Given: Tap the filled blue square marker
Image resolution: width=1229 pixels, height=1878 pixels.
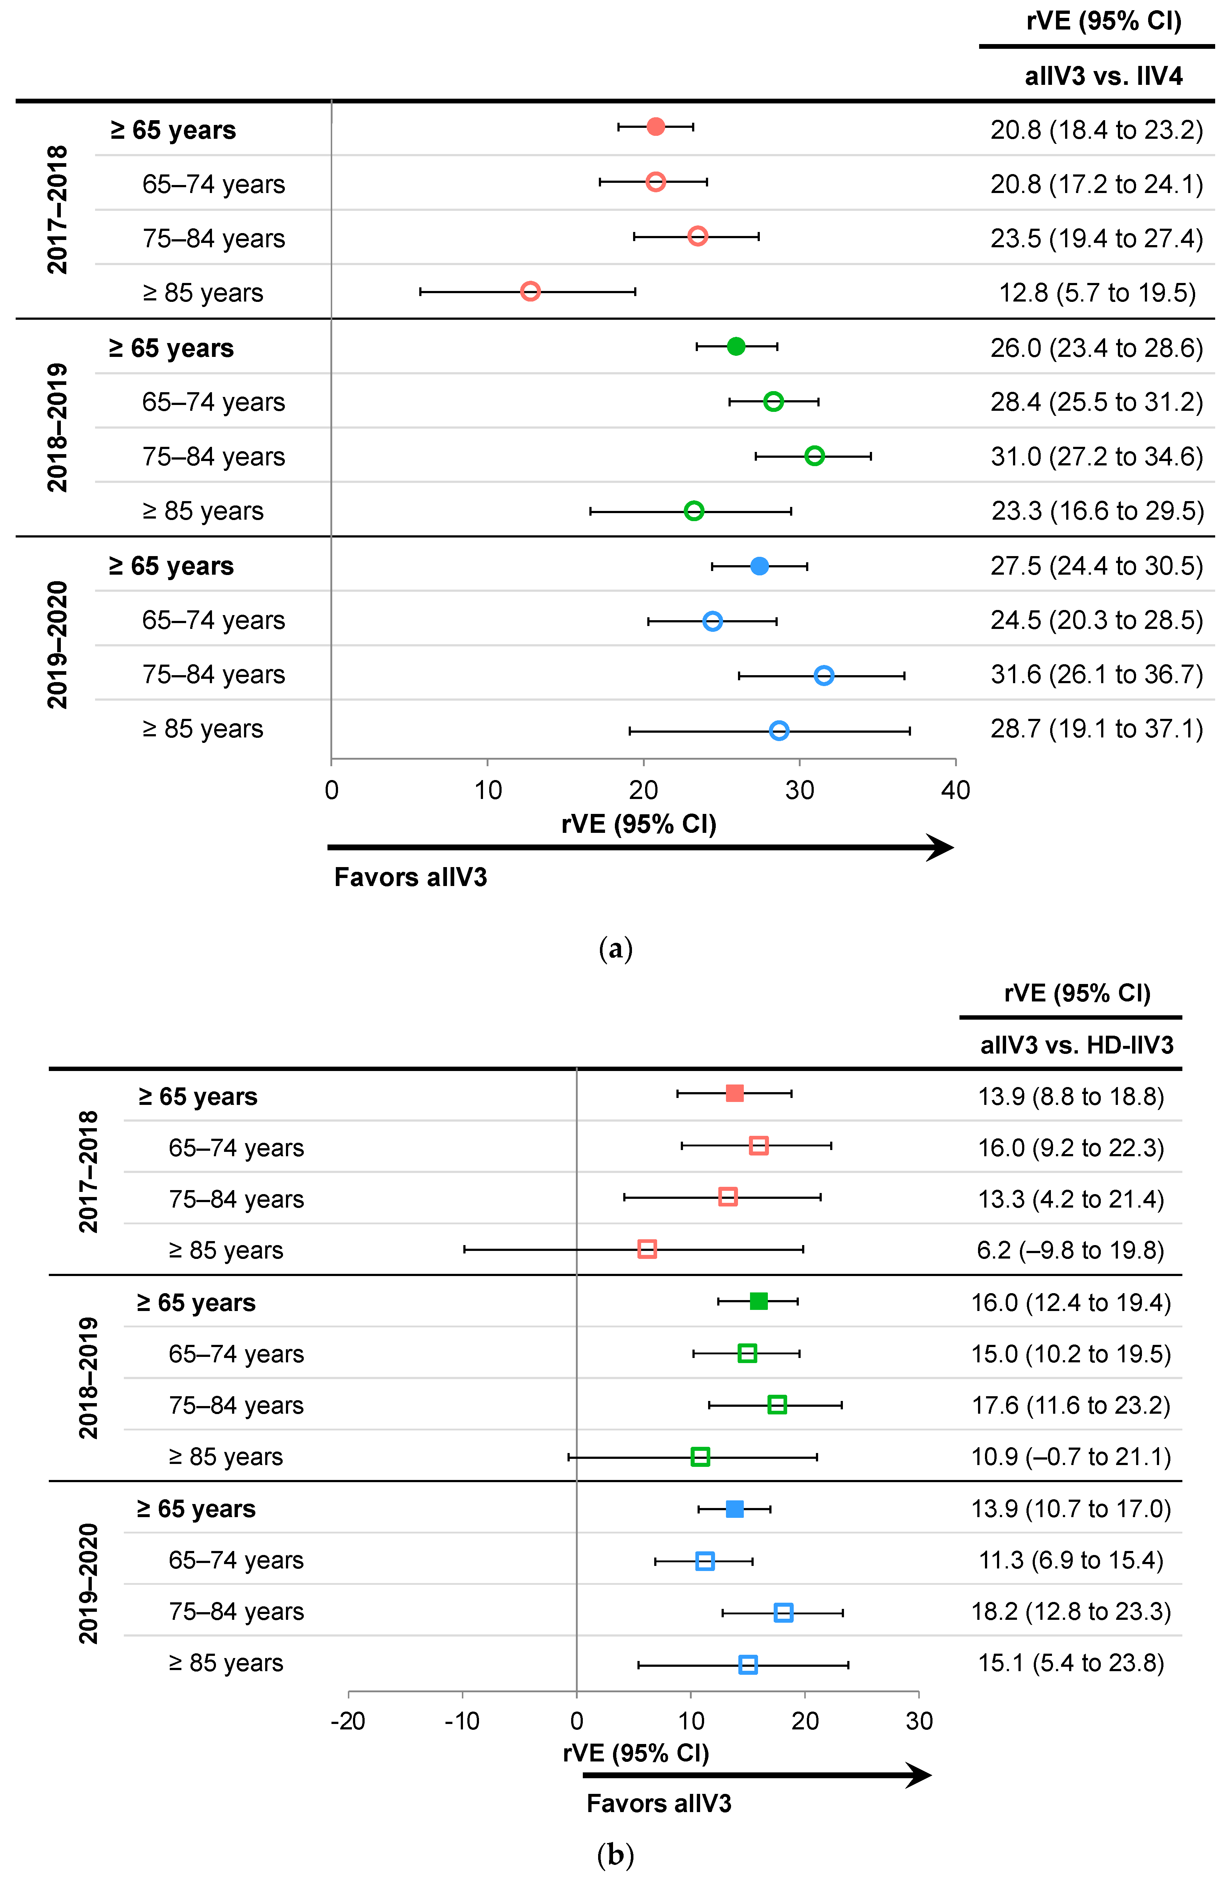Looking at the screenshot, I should coord(734,1509).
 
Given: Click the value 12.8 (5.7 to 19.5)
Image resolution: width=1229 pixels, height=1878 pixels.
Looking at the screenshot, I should coord(1097,293).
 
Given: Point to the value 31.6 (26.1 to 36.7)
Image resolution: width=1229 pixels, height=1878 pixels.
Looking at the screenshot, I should coord(1096,675).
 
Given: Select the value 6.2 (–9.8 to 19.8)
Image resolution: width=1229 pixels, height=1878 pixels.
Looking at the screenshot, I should coord(1070,1250).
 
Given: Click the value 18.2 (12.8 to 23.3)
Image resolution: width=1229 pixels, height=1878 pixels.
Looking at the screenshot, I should coord(1070,1611).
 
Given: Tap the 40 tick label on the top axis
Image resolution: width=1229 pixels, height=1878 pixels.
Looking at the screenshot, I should coord(955,790).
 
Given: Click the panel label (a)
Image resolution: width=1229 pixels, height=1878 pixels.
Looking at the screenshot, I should coord(616,948).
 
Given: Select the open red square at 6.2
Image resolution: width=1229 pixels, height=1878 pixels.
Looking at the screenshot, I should coord(647,1248).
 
